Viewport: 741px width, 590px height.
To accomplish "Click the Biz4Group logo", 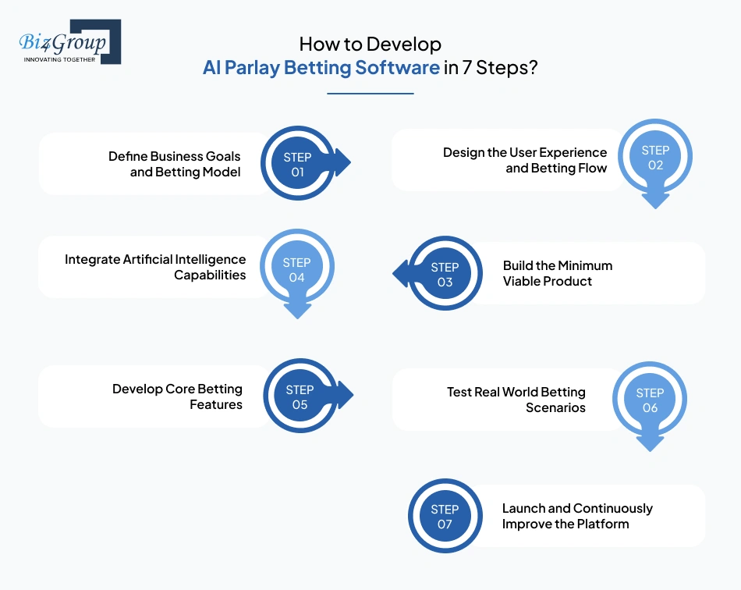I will click(69, 42).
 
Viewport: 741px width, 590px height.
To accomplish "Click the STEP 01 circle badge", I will click(297, 165).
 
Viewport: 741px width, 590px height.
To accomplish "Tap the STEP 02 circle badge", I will click(655, 158).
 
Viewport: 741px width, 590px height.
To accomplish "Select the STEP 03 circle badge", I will click(445, 274).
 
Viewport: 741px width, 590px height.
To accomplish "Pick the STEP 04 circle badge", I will click(296, 270).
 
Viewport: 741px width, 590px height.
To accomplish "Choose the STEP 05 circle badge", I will click(300, 396).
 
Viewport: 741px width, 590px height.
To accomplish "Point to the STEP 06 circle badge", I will click(650, 400).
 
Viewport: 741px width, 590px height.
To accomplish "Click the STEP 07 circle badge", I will click(445, 517).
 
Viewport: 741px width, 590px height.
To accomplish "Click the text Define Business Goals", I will click(174, 156).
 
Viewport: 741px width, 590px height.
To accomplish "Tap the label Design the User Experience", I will click(524, 152).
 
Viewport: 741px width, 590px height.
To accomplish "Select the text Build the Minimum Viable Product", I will click(557, 273).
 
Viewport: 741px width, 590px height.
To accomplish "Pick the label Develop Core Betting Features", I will click(177, 396).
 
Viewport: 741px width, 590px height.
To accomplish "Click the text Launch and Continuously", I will click(576, 508).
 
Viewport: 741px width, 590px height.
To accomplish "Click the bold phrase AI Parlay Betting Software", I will click(321, 67).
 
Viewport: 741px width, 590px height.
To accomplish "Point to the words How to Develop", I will click(370, 44).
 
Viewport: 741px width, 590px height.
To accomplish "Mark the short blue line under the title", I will click(370, 94).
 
